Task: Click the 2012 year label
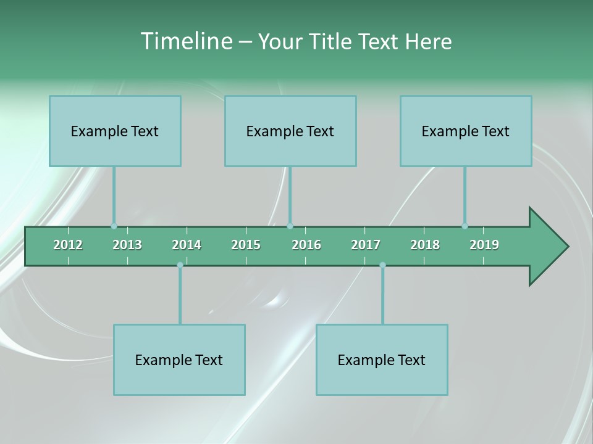pyautogui.click(x=68, y=245)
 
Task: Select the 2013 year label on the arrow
pyautogui.click(x=127, y=245)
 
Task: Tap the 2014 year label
pyautogui.click(x=187, y=245)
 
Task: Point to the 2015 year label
pyautogui.click(x=246, y=245)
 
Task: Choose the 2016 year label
pyautogui.click(x=306, y=245)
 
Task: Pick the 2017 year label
pyautogui.click(x=366, y=245)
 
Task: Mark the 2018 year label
pyautogui.click(x=425, y=245)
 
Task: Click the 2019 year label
pyautogui.click(x=484, y=245)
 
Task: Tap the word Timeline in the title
pyautogui.click(x=185, y=41)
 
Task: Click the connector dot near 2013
pyautogui.click(x=114, y=226)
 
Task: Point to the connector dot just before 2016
pyautogui.click(x=290, y=226)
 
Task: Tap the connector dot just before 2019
pyautogui.click(x=465, y=226)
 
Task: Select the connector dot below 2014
pyautogui.click(x=180, y=265)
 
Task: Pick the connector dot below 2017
pyautogui.click(x=382, y=265)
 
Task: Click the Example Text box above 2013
pyautogui.click(x=115, y=131)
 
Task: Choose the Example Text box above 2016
pyautogui.click(x=290, y=131)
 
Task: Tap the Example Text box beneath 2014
pyautogui.click(x=179, y=360)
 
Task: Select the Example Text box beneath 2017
pyautogui.click(x=382, y=360)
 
